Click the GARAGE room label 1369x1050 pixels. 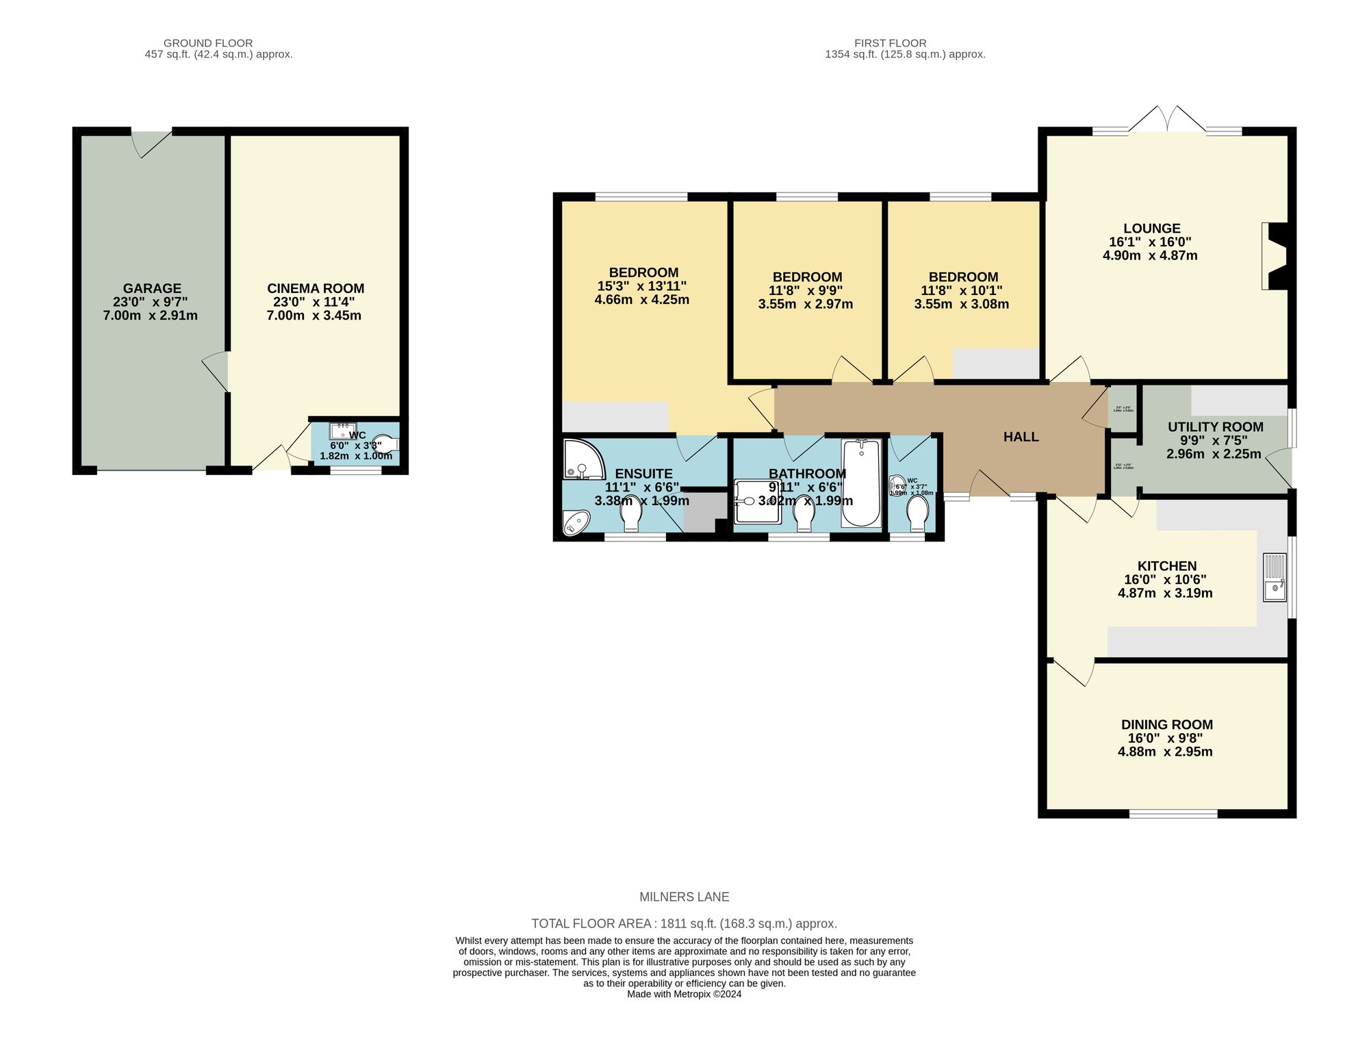click(x=152, y=289)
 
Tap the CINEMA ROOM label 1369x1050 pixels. click(x=316, y=289)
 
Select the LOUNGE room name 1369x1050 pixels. click(x=1151, y=229)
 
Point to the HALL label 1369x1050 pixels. click(x=1021, y=437)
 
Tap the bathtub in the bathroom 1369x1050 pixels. click(x=861, y=483)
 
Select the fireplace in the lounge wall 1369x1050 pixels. click(x=1275, y=256)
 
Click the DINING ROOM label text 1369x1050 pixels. click(x=1166, y=724)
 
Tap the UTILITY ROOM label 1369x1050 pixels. click(x=1215, y=427)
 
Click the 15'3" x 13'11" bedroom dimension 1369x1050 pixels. click(x=641, y=286)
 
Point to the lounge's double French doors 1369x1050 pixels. click(x=1167, y=121)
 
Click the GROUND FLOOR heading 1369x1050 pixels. click(x=208, y=43)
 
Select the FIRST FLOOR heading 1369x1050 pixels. click(x=889, y=43)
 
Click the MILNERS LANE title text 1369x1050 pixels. click(x=684, y=897)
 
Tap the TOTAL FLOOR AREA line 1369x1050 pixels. click(x=684, y=923)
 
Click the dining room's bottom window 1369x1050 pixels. click(x=1173, y=814)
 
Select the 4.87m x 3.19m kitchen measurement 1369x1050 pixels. click(x=1165, y=593)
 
